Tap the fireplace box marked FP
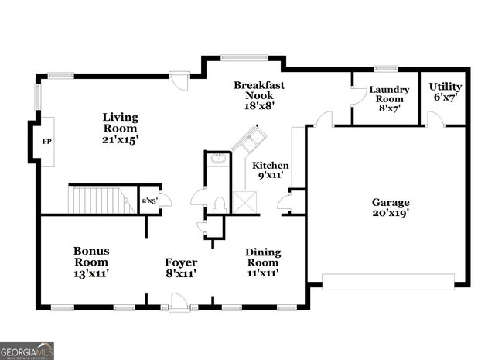46,142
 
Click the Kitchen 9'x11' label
270,170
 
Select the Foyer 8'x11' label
181,268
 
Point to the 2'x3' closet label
148,201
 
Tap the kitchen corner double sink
250,141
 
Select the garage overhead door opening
387,281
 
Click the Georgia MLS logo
27,351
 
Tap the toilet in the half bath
219,204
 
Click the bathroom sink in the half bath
218,159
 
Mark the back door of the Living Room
179,80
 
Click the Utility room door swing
435,119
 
